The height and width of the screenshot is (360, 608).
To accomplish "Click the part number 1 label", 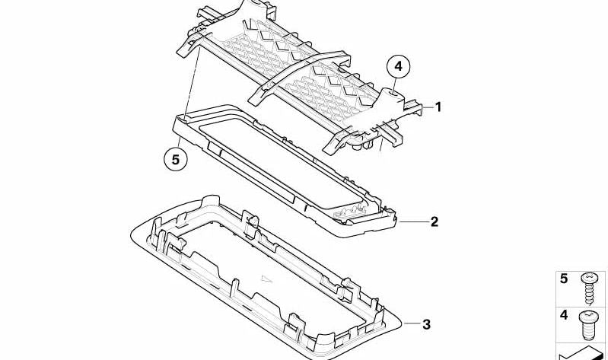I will pos(438,107).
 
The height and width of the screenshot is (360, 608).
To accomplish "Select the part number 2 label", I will pos(434,222).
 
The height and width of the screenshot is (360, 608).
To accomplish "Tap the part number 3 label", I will pos(426,325).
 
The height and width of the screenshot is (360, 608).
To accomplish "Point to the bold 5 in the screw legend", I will pos(564,279).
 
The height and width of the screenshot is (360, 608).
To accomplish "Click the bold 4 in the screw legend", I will pos(564,314).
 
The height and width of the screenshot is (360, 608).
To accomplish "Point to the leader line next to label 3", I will pos(410,325).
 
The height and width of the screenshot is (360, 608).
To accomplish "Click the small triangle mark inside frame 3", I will pos(266,279).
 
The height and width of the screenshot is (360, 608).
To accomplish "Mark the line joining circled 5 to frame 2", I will pos(180,137).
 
